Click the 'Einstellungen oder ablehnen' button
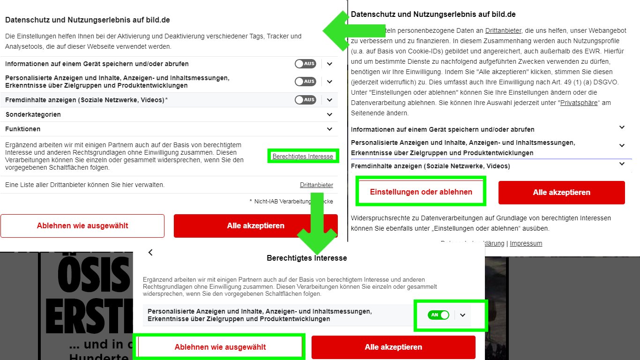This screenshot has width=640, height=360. click(x=421, y=192)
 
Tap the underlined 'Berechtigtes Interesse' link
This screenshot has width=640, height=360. click(x=303, y=157)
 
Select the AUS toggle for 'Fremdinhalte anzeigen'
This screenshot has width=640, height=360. click(x=305, y=100)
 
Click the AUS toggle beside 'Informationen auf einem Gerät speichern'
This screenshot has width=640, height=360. click(x=305, y=64)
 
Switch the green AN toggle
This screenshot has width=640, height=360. click(x=439, y=315)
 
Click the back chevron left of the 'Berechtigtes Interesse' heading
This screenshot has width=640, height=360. click(x=150, y=253)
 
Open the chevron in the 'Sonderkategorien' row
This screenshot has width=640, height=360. click(x=329, y=114)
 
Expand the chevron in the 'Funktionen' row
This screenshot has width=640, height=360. click(x=329, y=129)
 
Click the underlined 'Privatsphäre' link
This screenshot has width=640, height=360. click(x=579, y=103)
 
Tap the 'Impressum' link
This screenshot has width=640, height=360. click(x=526, y=244)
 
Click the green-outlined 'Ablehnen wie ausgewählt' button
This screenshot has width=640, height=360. click(x=220, y=347)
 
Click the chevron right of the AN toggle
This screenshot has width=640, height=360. click(x=463, y=315)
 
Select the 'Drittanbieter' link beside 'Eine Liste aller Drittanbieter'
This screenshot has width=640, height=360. click(x=316, y=185)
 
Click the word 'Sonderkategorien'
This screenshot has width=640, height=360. click(x=33, y=114)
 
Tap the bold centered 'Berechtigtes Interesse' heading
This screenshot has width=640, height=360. click(x=306, y=258)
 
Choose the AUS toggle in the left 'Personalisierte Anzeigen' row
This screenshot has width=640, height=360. click(x=305, y=82)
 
